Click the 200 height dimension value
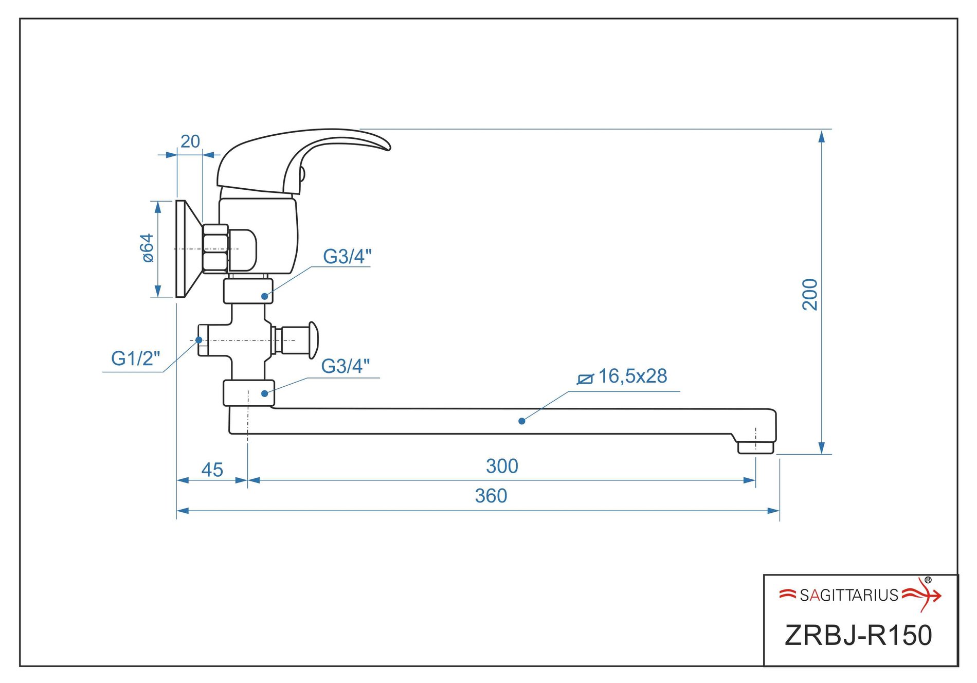[810, 294]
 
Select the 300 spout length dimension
[502, 466]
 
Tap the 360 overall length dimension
[491, 496]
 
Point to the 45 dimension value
[212, 470]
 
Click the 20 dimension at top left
[190, 141]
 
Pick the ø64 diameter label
[148, 248]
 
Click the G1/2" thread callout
[136, 358]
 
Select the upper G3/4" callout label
[347, 256]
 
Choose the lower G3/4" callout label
[346, 366]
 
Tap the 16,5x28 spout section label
[632, 376]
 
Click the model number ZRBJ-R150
[858, 635]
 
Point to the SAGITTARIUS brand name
[849, 596]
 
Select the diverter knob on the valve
[313, 340]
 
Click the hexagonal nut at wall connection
[215, 248]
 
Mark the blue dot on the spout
[522, 421]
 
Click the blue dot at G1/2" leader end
[199, 340]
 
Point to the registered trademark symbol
[928, 580]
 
